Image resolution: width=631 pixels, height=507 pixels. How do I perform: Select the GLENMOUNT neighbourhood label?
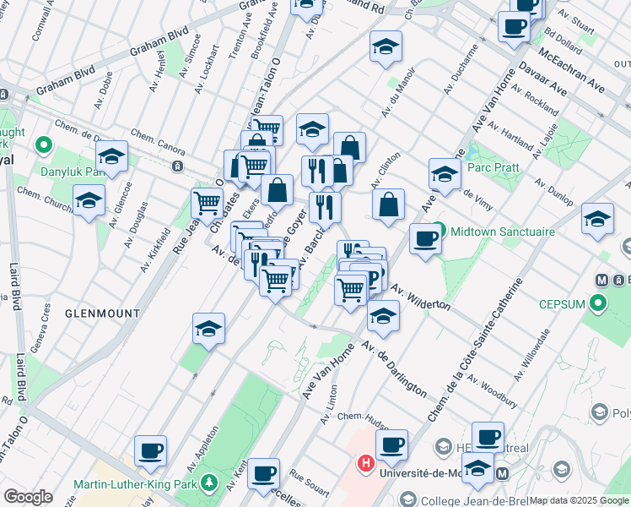[x=102, y=313]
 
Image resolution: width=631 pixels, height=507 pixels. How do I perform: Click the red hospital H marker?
[x=366, y=462]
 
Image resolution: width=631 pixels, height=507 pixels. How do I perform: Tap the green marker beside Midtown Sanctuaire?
[x=440, y=231]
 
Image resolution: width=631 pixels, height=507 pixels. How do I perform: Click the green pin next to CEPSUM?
[x=599, y=302]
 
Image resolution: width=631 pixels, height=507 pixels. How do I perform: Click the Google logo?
[x=28, y=496]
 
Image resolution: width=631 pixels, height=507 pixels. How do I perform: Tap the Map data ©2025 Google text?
[x=579, y=500]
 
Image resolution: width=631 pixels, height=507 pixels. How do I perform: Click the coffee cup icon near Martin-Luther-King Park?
[x=150, y=450]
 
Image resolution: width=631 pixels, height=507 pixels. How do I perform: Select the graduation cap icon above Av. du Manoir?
[x=386, y=46]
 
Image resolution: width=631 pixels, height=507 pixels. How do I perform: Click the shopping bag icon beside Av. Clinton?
[x=388, y=204]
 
